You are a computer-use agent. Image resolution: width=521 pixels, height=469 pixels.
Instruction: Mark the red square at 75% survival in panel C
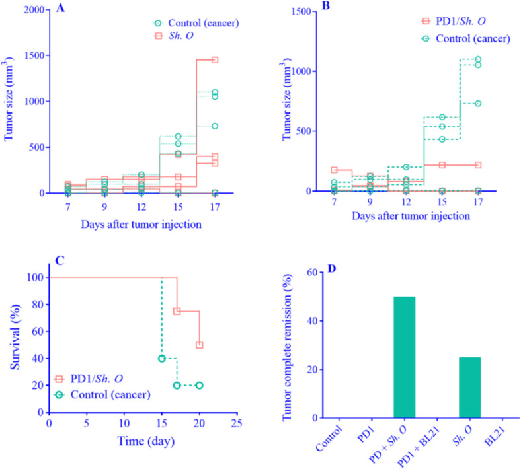point(177,311)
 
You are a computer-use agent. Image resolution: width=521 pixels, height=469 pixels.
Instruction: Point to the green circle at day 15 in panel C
point(162,359)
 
